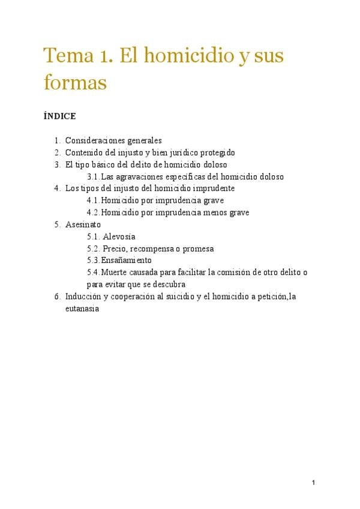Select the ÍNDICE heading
[59, 116]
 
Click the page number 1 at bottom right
[313, 483]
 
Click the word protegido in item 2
[216, 152]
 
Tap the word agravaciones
[141, 176]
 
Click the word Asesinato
[83, 224]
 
